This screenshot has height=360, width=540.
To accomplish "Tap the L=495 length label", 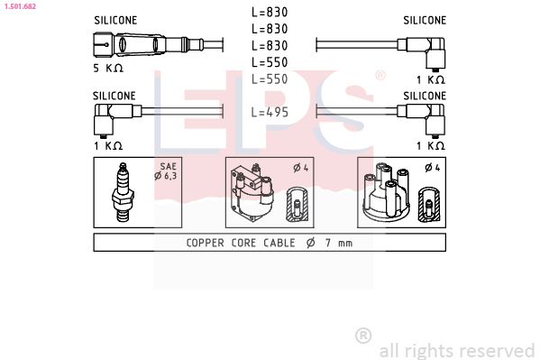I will coord(270,113).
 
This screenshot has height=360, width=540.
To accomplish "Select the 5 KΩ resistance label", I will coord(108,67).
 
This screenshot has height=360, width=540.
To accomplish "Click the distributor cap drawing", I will coord(386,193).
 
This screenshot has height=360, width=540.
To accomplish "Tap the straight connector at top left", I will coord(126,43).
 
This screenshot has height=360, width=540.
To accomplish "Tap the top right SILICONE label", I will coord(424,19).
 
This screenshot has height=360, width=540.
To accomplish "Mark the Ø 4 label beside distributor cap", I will coord(430,168).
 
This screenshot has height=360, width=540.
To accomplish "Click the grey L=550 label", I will coord(270,79).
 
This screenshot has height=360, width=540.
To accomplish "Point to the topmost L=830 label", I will coord(270,13).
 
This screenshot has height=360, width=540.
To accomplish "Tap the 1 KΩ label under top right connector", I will coord(430,79).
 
